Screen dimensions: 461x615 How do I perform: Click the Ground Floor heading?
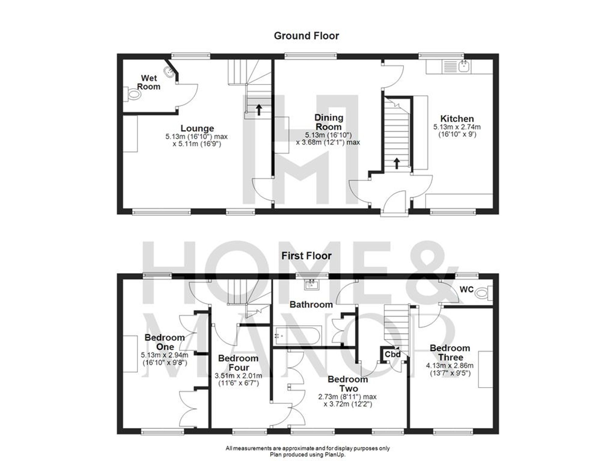[x=306, y=36]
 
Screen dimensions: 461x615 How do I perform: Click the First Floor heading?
[x=306, y=256]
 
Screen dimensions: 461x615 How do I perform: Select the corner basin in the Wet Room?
[x=169, y=73]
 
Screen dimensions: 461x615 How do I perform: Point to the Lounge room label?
[x=197, y=128]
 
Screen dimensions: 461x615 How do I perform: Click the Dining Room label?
[x=328, y=122]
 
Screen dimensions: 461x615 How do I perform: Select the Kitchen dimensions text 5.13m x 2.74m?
[x=457, y=127]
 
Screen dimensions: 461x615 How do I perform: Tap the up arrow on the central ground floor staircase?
[x=397, y=163]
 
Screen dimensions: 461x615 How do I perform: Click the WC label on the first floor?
[x=466, y=289]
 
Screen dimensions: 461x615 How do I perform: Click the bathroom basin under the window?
[x=312, y=285]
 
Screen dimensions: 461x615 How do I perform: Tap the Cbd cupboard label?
[x=393, y=354]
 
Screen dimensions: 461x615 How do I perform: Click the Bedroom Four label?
[x=238, y=363]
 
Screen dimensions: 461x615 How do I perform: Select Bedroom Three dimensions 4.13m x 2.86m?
[x=450, y=366]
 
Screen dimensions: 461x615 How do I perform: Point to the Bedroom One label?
[x=165, y=342]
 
